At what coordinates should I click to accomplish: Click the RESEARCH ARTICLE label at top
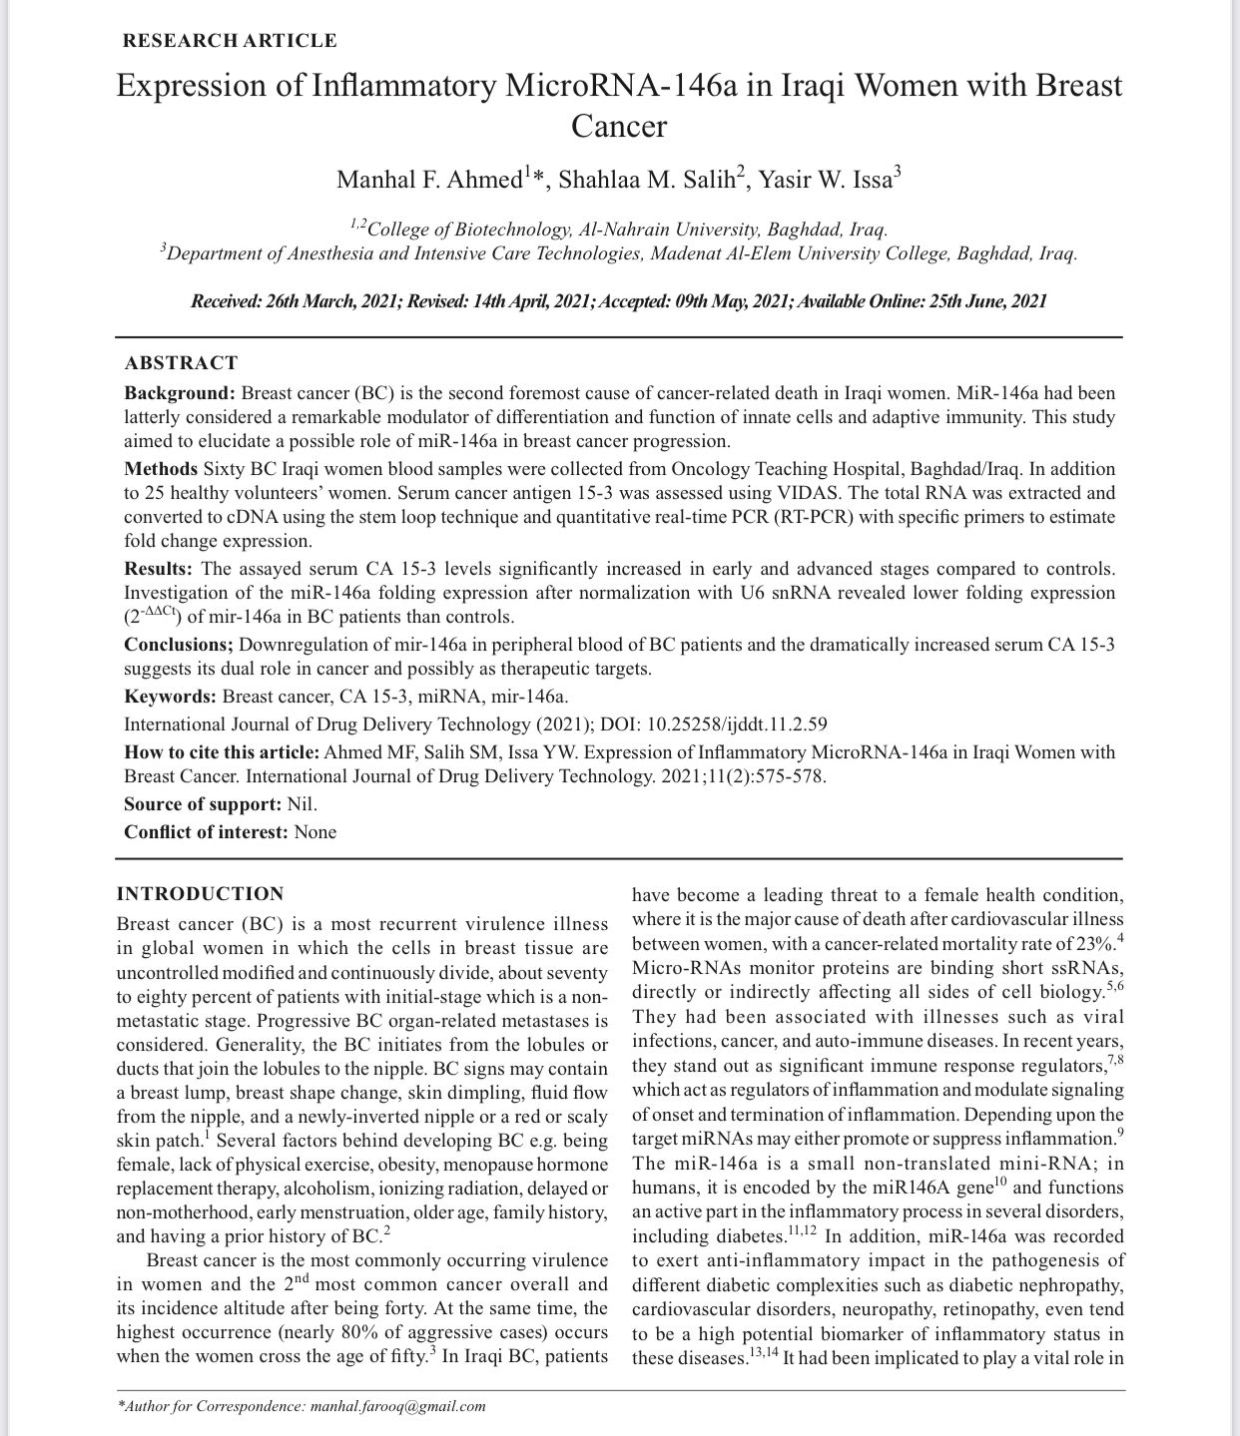229,41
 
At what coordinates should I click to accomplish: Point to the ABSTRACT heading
181,363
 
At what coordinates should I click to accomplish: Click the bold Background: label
180,393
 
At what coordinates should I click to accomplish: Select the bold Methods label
161,468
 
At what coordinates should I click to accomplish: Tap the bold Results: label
158,569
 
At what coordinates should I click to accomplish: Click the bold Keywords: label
170,697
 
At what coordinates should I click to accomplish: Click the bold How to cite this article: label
222,752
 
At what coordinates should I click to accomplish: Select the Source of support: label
203,804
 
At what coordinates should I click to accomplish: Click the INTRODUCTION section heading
200,894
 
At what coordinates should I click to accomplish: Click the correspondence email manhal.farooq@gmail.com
398,1407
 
